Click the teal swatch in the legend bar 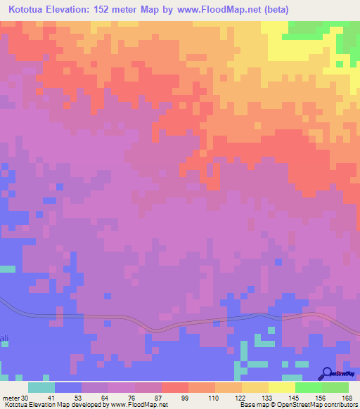(x=41, y=387)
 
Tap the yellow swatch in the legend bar (x=281, y=387)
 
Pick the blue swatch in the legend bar (x=68, y=387)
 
